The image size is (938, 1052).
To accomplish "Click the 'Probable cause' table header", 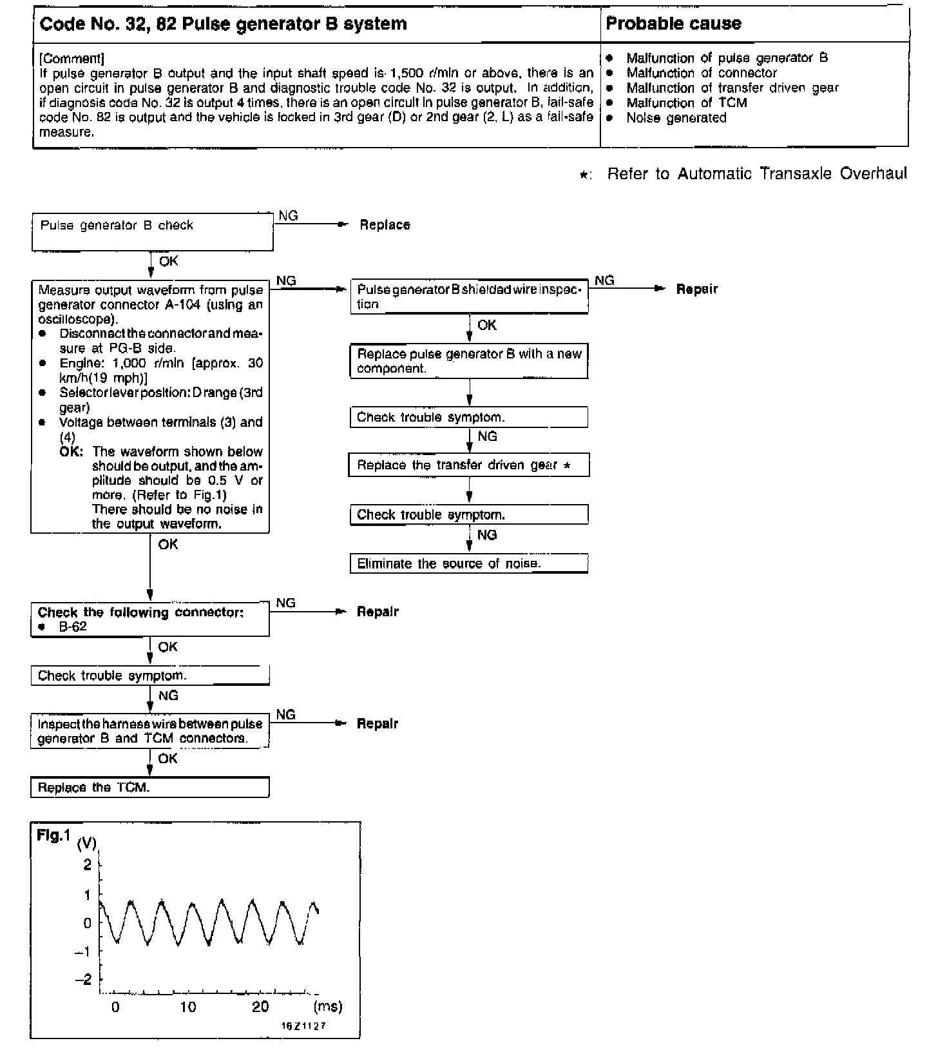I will coord(673,24).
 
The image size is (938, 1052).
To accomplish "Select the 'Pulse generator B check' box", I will coord(153,232).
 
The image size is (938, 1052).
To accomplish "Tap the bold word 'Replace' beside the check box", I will coord(385,225).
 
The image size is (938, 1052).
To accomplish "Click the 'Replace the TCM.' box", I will coord(149,788).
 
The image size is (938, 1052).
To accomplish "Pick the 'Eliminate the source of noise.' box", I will coord(469,563).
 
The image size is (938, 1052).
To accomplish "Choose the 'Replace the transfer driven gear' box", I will coord(469,465).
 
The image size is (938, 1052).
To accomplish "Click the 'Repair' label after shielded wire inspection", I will coord(696,289).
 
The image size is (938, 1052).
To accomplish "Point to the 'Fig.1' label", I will coord(53,836).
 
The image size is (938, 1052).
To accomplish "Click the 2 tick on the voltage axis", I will coord(88,864).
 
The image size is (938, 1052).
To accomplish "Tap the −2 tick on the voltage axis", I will coord(84,980).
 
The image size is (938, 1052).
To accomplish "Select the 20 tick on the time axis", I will coord(260,1007).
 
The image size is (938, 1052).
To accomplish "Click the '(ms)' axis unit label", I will coord(327,1006).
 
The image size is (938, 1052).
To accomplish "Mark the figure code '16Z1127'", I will coord(303,1026).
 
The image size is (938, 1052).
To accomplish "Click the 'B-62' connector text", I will coord(73,627).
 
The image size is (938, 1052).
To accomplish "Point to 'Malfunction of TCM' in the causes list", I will coord(686,102).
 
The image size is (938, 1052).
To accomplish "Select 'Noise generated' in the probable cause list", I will coord(676,117).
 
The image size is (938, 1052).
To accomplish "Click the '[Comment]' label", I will coord(72,59).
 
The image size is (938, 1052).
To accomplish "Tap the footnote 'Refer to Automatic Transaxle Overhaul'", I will coord(756,173).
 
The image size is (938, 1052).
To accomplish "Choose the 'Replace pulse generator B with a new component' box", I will coord(469,362).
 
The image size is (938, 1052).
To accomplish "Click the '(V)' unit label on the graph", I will coord(87,843).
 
